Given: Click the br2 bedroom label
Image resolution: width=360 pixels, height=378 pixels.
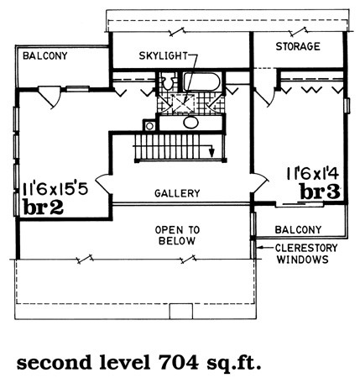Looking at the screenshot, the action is tap(44, 207).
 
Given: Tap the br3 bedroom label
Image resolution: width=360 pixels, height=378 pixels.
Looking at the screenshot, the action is tap(321, 192).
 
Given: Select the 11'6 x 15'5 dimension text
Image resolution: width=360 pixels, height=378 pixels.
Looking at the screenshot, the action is tap(55, 189).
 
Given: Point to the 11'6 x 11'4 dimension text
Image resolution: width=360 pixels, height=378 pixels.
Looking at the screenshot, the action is tap(313, 174).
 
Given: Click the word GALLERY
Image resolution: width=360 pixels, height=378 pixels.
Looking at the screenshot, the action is tap(177, 193).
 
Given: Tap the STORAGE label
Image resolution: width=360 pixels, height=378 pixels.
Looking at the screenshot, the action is tap(298, 46).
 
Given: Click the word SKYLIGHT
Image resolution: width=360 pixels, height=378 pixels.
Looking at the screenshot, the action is tap(164, 56).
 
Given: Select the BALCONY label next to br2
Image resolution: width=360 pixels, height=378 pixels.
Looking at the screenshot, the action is tap(45, 56).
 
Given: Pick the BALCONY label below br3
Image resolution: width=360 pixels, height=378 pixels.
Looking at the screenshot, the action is tap(298, 230).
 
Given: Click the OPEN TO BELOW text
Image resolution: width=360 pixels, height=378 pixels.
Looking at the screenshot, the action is tap(177, 235).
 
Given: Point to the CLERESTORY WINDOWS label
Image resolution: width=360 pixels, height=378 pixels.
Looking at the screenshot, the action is tap(306, 254).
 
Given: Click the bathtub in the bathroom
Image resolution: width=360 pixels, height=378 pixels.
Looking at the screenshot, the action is tap(202, 81).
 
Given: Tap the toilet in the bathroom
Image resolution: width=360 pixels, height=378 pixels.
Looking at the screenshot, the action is tap(167, 81).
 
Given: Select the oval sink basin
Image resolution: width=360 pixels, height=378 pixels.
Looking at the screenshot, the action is tap(191, 123).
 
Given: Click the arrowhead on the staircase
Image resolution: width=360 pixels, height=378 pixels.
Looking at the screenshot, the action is tap(212, 152).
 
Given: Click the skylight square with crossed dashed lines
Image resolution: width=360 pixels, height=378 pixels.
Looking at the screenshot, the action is tap(183, 103).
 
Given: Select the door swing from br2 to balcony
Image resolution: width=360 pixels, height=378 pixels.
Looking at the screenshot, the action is tap(49, 97).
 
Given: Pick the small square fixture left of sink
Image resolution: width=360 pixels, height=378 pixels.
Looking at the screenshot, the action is tap(149, 126).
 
